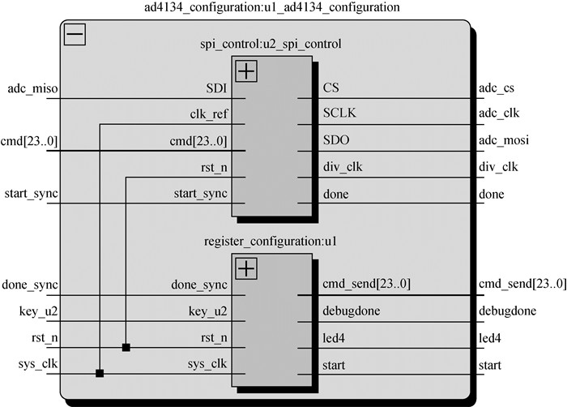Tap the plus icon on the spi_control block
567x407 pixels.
point(246,71)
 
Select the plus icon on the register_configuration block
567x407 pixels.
point(246,267)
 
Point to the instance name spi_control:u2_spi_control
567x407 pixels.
point(271,42)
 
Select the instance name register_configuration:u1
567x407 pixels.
point(271,239)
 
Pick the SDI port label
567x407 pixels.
point(216,88)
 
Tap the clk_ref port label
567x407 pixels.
point(208,114)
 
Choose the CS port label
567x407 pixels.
point(331,88)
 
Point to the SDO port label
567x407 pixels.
point(335,141)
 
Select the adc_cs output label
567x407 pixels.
point(497,88)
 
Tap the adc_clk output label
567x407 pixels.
point(498,114)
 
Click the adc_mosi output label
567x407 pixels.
point(504,141)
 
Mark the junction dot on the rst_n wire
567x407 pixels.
point(126,348)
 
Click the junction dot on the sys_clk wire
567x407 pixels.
point(99,374)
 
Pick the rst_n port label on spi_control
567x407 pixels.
point(213,168)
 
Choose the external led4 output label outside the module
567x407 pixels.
point(491,337)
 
